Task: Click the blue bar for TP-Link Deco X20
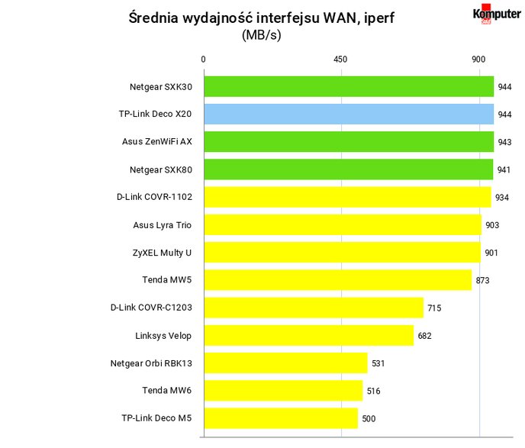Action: (349, 114)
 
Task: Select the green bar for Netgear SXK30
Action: (349, 86)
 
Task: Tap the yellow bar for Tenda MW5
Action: (338, 280)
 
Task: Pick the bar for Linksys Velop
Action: (309, 335)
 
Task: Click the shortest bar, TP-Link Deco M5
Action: (281, 418)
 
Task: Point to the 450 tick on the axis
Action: (340, 60)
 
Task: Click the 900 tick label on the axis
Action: (478, 60)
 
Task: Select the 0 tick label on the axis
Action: (203, 60)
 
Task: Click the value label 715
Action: (434, 308)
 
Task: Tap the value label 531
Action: (378, 363)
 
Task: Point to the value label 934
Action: (502, 198)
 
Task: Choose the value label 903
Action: (492, 225)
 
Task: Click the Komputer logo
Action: (497, 14)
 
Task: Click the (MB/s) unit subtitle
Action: (262, 35)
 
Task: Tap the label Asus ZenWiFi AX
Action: (157, 142)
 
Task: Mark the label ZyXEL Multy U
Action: (162, 253)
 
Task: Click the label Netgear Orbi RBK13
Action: (151, 363)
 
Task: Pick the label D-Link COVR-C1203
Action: (151, 308)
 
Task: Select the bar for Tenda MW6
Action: (283, 391)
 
